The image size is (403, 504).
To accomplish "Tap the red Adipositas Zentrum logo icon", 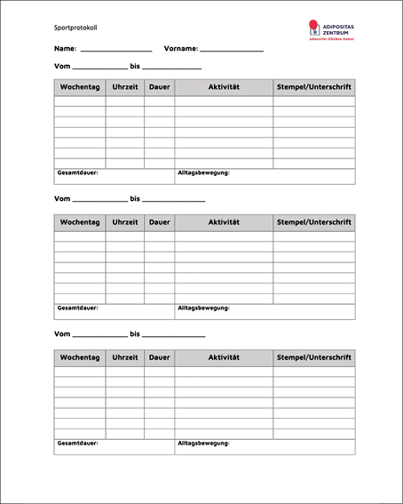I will (x=313, y=28).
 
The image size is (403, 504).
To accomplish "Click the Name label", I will (x=64, y=49).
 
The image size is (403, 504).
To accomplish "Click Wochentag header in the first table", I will (x=80, y=87).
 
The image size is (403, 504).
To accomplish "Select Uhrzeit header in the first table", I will (x=125, y=87).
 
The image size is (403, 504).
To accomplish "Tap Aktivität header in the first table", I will (x=224, y=87).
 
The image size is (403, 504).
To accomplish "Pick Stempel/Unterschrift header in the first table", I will (x=314, y=87).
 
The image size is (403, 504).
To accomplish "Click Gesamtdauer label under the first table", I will (x=77, y=172).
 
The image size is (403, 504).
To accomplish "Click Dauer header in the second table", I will (x=159, y=222).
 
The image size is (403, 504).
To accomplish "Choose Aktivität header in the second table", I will (x=224, y=222).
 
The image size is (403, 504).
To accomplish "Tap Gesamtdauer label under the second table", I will (x=77, y=308).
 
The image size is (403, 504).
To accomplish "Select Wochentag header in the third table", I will (x=80, y=357).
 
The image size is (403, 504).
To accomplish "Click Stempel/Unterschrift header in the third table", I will (x=314, y=357).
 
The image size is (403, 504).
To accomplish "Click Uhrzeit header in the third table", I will (x=125, y=357).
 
